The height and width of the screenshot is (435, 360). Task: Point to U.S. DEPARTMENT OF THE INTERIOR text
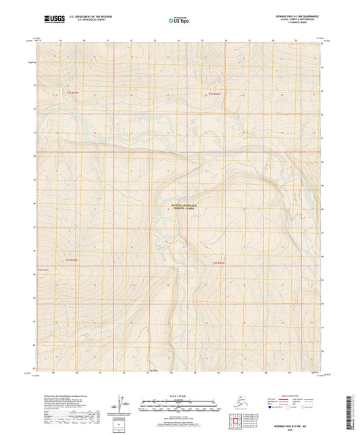tap(88, 15)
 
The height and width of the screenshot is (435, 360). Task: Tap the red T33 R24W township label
tap(214, 94)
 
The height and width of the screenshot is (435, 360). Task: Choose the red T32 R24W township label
tap(218, 262)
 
